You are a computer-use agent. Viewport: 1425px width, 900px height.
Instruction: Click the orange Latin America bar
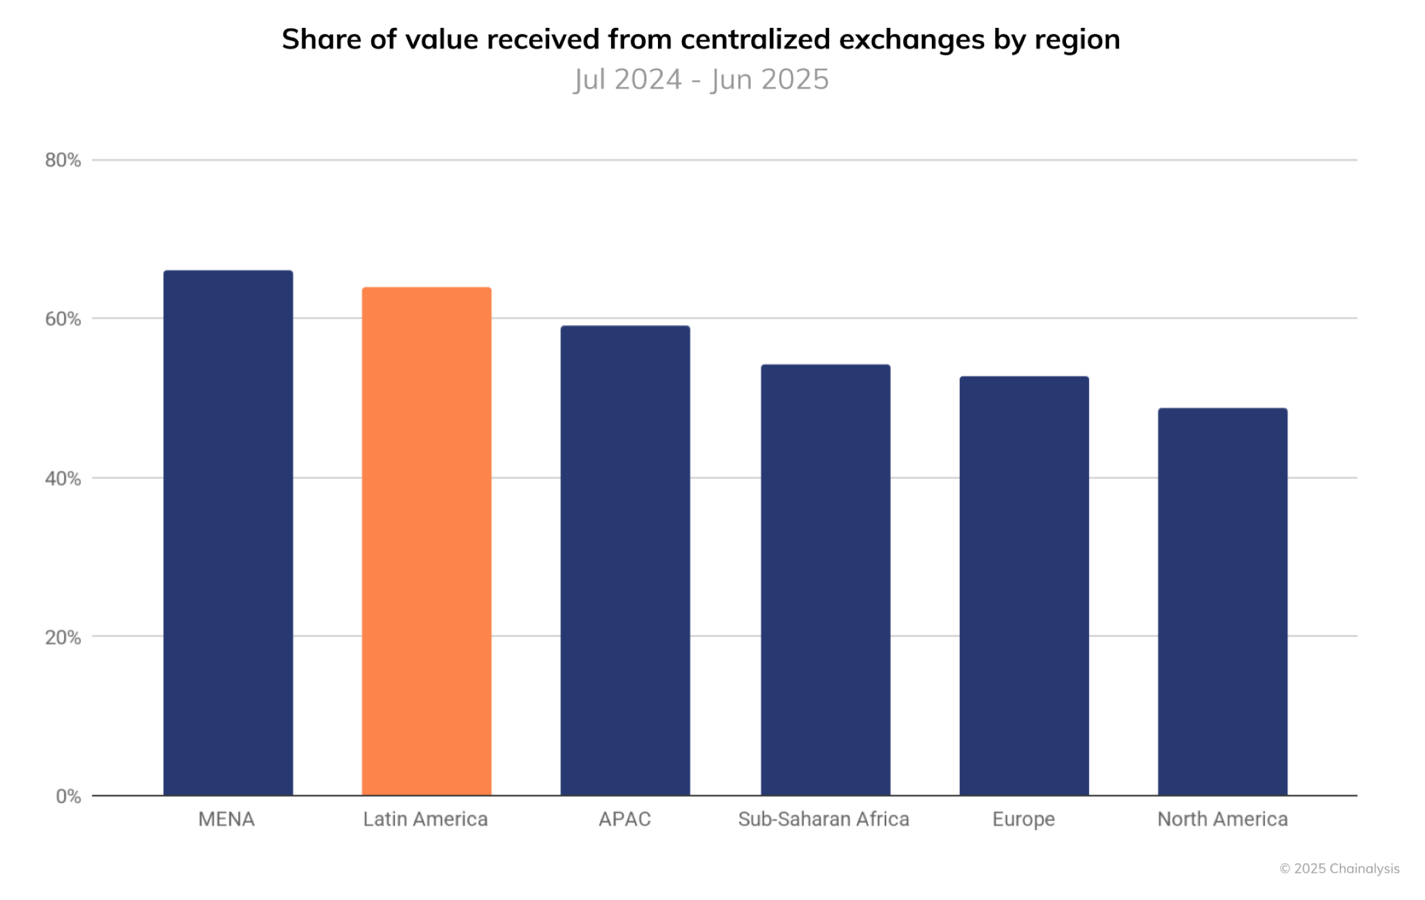[x=426, y=542]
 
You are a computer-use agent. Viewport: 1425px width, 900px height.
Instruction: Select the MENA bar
[x=228, y=533]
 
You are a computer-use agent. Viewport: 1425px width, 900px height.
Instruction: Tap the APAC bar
[x=625, y=560]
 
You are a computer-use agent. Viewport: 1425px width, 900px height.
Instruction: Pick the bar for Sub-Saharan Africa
[x=825, y=580]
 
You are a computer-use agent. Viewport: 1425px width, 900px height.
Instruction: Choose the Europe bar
[x=1024, y=586]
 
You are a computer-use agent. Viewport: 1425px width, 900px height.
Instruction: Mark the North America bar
[x=1223, y=602]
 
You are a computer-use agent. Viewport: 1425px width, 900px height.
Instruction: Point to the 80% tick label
[x=63, y=160]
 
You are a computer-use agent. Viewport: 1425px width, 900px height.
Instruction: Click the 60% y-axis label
[x=63, y=319]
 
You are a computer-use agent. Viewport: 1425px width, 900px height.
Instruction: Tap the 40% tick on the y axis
[x=63, y=478]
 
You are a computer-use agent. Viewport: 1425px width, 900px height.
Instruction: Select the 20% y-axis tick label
[x=63, y=638]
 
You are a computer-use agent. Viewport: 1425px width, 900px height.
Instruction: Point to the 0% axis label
[x=68, y=796]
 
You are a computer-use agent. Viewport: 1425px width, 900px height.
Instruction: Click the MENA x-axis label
[x=226, y=819]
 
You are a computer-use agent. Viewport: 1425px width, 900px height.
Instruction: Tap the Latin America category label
[x=425, y=819]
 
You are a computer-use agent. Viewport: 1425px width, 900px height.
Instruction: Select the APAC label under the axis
[x=625, y=819]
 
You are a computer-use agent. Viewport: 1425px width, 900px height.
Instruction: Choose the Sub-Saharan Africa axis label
[x=824, y=819]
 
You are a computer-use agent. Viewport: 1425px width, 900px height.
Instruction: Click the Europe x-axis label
[x=1023, y=820]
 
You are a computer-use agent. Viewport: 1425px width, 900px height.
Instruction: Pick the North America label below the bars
[x=1223, y=819]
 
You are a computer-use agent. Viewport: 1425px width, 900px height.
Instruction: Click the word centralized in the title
[x=755, y=40]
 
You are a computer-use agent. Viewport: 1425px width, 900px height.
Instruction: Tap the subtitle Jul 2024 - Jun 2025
[x=701, y=80]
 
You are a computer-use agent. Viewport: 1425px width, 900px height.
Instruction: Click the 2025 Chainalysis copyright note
[x=1339, y=869]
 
